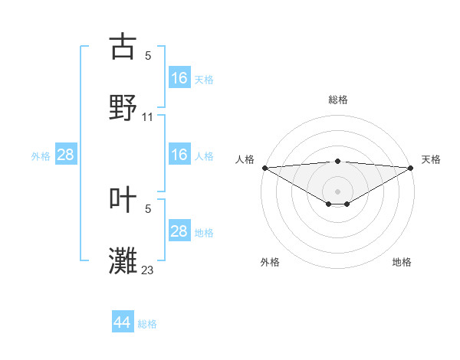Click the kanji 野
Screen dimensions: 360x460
[x=123, y=107]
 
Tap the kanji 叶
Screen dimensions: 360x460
[x=123, y=199]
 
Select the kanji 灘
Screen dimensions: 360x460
[x=123, y=260]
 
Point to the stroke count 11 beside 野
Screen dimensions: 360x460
[x=148, y=117]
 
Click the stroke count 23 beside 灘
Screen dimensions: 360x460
[x=148, y=270]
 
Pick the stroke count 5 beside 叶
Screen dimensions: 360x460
[x=148, y=208]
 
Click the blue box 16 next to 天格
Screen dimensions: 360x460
[x=179, y=78]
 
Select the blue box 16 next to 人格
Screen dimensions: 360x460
[x=179, y=155]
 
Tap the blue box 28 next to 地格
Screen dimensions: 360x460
[x=179, y=231]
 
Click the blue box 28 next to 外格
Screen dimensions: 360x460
[x=65, y=155]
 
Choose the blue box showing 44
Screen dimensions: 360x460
[x=122, y=322]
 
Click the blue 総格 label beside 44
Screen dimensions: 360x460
[x=147, y=324]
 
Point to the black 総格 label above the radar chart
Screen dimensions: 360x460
[x=337, y=100]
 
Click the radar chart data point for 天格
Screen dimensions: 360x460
[x=411, y=168]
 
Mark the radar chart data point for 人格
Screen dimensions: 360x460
[x=264, y=168]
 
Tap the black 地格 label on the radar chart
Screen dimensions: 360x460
[x=402, y=262]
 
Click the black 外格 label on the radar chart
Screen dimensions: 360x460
[x=270, y=262]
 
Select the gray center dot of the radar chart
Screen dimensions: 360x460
[x=337, y=191]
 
